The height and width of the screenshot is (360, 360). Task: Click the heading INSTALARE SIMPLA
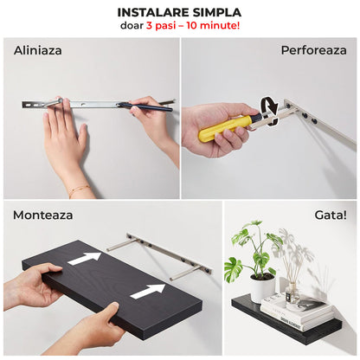pyautogui.click(x=179, y=13)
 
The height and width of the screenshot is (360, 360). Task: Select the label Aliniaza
pyautogui.click(x=38, y=49)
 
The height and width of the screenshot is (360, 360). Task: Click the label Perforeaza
pyautogui.click(x=313, y=49)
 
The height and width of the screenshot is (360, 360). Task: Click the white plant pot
pyautogui.click(x=262, y=287)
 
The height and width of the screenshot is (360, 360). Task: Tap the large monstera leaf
pyautogui.click(x=235, y=269)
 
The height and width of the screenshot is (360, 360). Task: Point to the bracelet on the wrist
pyautogui.click(x=79, y=188)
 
